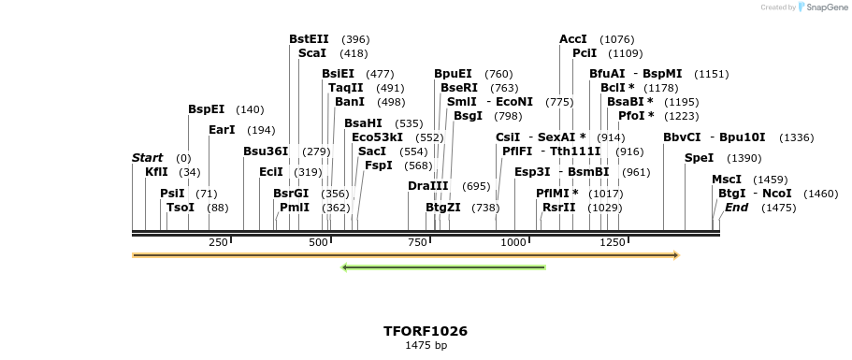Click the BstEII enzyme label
tap(309, 39)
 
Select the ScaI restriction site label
tap(312, 53)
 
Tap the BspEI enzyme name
tap(207, 109)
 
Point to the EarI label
tap(222, 130)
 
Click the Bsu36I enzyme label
tap(267, 151)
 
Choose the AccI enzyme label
tap(573, 39)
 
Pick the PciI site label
tap(585, 53)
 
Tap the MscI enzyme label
tap(727, 179)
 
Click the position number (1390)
tap(744, 158)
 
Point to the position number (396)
tap(355, 39)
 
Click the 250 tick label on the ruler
tap(219, 243)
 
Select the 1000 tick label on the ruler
tap(513, 243)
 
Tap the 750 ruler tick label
tap(416, 243)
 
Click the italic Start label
tap(148, 158)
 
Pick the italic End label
tap(737, 207)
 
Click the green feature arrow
tap(444, 267)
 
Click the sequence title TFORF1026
tap(426, 331)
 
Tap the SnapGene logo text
tap(825, 7)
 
